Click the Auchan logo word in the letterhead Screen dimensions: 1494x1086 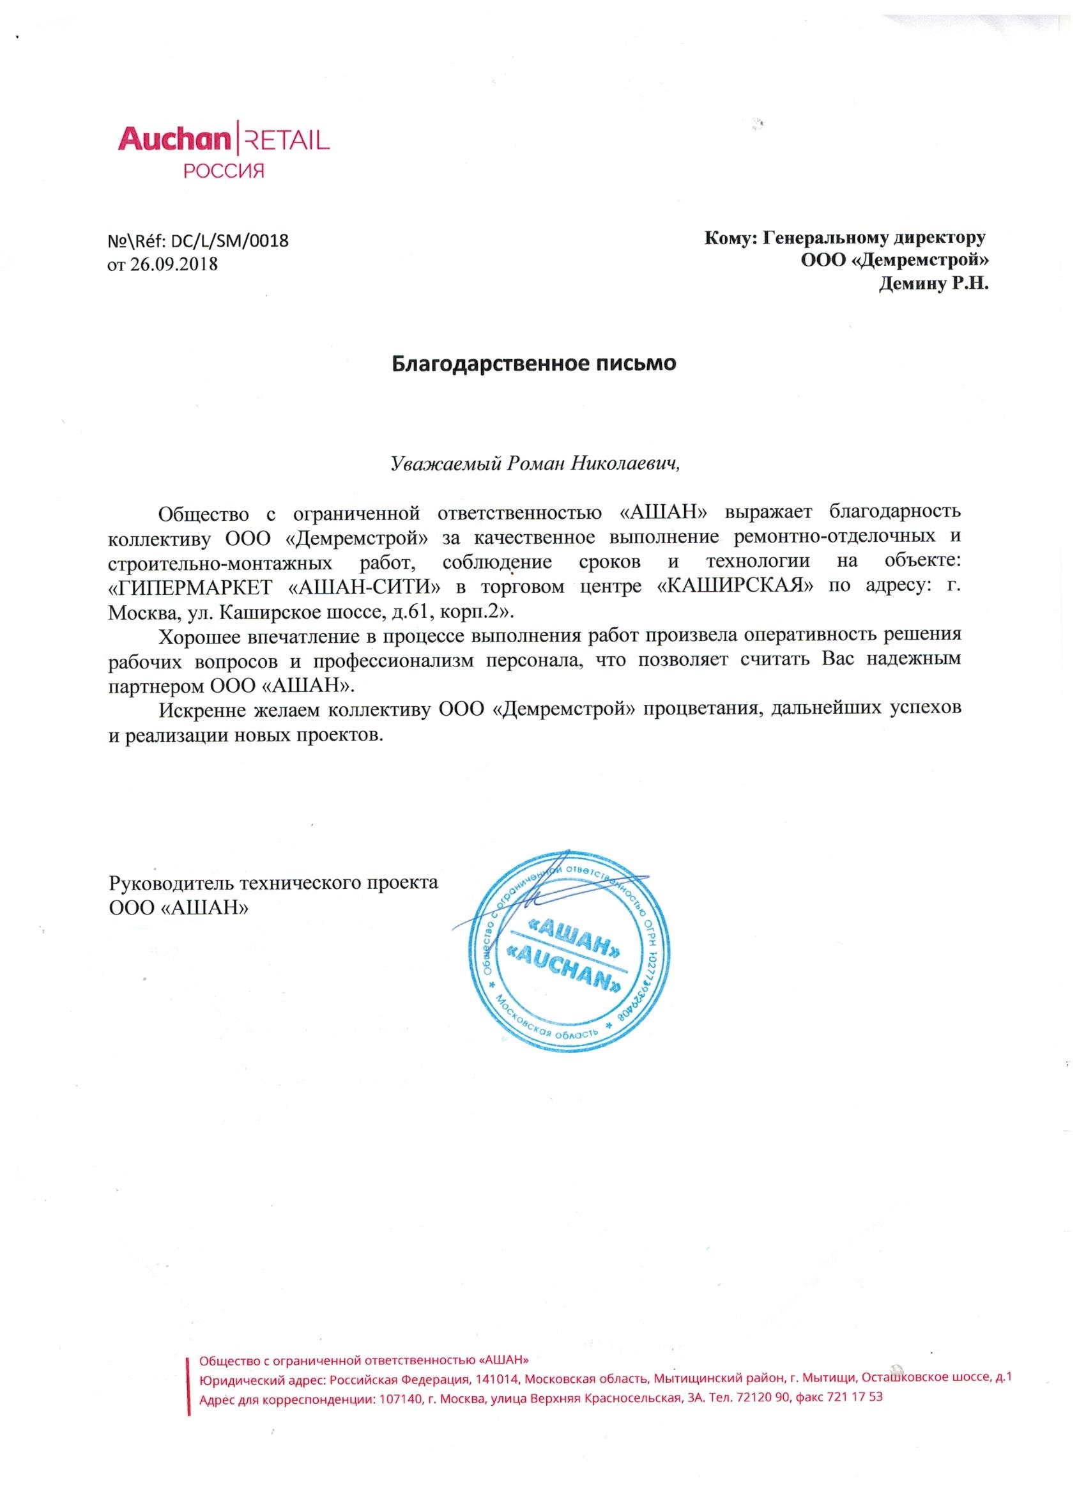click(172, 139)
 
